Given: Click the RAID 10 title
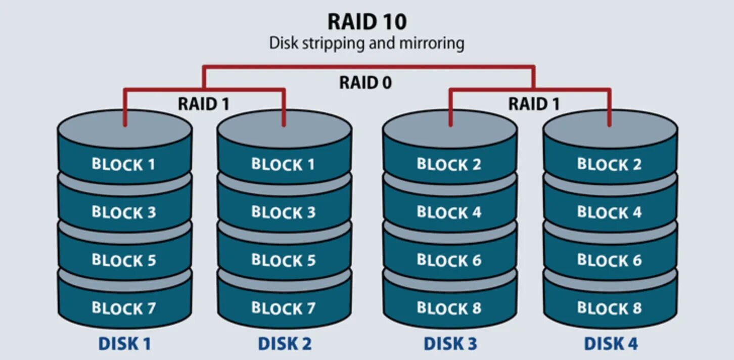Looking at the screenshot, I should coord(366,22).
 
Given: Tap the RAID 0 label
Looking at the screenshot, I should coord(365,82).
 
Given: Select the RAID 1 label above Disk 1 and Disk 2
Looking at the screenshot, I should coord(203,104).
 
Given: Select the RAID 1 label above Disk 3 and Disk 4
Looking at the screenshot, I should coord(534,104).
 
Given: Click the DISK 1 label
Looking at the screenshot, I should coord(124,344).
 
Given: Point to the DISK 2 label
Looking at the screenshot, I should coord(285,344).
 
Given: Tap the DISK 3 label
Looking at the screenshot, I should coord(450,344).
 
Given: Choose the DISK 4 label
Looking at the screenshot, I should coord(611,344).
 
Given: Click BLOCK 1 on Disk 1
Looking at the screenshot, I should coord(123,164).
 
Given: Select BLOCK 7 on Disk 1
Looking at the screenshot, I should coord(123,308).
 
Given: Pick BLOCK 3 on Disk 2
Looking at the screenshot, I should coord(283,212).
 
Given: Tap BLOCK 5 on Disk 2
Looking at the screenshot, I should coord(283,260).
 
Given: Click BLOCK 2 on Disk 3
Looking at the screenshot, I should coord(449,164).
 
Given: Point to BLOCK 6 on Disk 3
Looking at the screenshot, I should coord(449,260).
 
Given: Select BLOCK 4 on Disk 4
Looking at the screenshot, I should coord(609,212).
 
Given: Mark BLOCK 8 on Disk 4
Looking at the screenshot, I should coord(609,308).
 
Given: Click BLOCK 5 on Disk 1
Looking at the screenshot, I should coord(123,260).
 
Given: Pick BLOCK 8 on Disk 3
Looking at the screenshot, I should coord(449,308).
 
